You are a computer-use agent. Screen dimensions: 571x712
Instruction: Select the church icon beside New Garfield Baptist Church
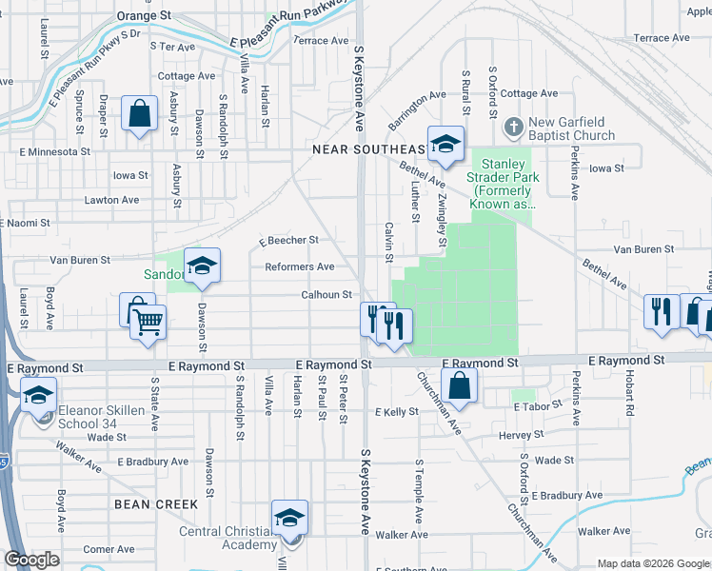[x=512, y=126]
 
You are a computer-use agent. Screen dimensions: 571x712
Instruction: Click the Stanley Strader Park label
[x=503, y=184]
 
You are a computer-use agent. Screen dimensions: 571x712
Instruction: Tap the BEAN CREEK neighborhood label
[x=156, y=503]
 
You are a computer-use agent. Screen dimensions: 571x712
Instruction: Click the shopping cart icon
[x=148, y=324]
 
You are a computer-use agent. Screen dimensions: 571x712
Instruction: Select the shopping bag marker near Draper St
[x=139, y=115]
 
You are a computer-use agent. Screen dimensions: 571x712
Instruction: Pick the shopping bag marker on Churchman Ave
[x=459, y=386]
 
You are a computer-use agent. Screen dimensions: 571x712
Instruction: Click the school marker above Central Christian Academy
[x=289, y=518]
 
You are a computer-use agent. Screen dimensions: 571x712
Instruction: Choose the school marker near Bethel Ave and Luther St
[x=445, y=145]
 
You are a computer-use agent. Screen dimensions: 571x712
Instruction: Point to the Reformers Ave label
[x=299, y=267]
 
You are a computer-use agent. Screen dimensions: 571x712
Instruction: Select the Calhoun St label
[x=327, y=295]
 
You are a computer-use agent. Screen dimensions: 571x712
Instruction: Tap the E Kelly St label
[x=397, y=412]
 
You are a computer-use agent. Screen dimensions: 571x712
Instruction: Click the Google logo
[x=32, y=560]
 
